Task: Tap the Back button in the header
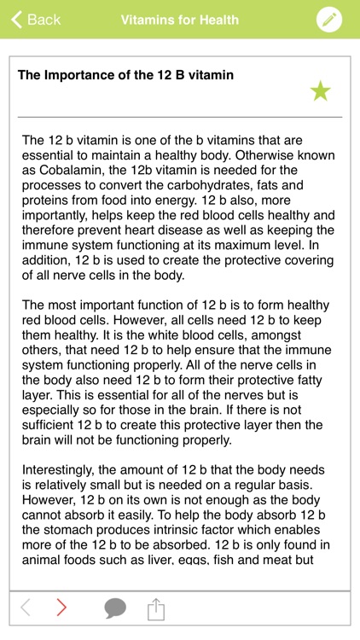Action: point(35,20)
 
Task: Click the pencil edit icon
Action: point(329,20)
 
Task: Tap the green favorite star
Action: point(320,91)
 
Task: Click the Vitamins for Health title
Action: point(179,20)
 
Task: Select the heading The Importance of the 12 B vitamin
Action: point(125,75)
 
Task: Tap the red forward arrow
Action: point(61,608)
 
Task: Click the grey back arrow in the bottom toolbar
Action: point(26,608)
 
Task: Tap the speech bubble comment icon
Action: point(115,608)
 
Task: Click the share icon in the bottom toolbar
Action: point(155,608)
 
